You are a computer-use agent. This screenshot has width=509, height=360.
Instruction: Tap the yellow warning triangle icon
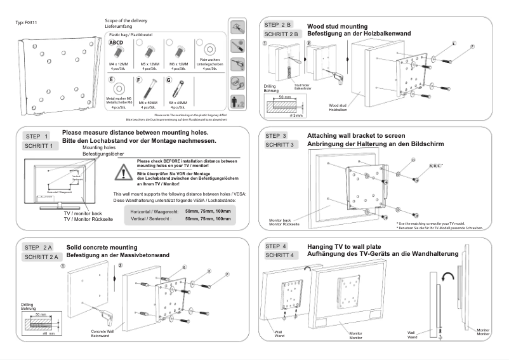click(124, 171)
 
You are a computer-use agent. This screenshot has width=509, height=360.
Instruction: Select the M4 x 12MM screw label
click(118, 63)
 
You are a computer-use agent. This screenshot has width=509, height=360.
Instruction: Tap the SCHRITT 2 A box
click(42, 257)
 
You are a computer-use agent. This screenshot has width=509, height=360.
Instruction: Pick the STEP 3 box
click(276, 136)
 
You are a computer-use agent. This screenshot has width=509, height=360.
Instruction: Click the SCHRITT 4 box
click(279, 256)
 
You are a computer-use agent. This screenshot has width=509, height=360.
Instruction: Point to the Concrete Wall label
click(102, 331)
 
